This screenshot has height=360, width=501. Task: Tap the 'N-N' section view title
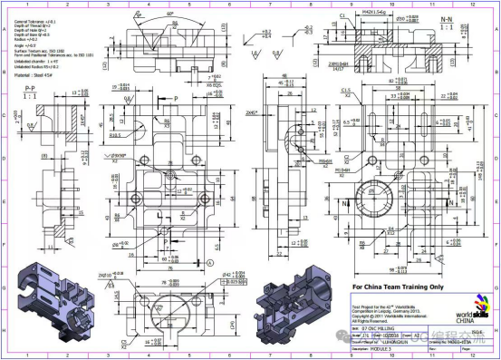click(471, 17)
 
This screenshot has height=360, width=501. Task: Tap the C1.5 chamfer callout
click(347, 92)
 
